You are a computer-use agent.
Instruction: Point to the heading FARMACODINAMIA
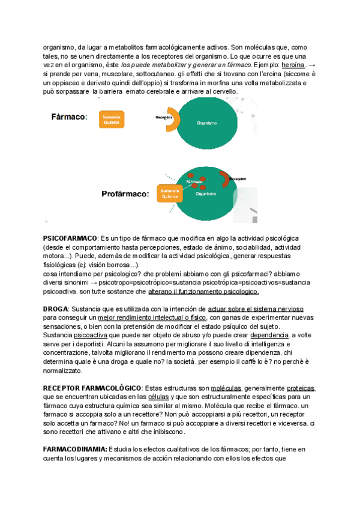point(75,450)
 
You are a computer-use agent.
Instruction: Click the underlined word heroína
point(293,65)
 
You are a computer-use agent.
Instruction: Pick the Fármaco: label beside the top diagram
point(69,117)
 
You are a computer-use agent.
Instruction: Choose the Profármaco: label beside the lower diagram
point(125,194)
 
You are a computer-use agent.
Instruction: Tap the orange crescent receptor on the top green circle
point(172,119)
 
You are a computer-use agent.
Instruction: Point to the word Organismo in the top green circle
point(206,122)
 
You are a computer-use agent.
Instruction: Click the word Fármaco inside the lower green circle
point(194,181)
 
